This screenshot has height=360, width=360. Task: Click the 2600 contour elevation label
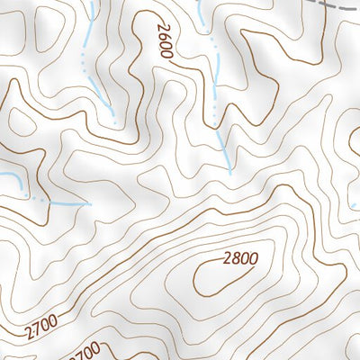pyautogui.click(x=163, y=41)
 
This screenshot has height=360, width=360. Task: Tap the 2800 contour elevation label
pyautogui.click(x=240, y=259)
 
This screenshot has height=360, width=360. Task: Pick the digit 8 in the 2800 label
pyautogui.click(x=237, y=259)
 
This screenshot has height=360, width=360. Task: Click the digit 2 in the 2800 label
pyautogui.click(x=227, y=259)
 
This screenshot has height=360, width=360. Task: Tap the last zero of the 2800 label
pyautogui.click(x=254, y=259)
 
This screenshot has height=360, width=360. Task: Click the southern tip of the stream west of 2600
pyautogui.click(x=115, y=122)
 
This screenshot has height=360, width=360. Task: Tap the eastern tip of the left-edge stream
pyautogui.click(x=91, y=203)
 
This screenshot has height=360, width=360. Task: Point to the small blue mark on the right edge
pyautogui.click(x=354, y=193)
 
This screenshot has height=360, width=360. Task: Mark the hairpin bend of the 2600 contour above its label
pyautogui.click(x=144, y=16)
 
